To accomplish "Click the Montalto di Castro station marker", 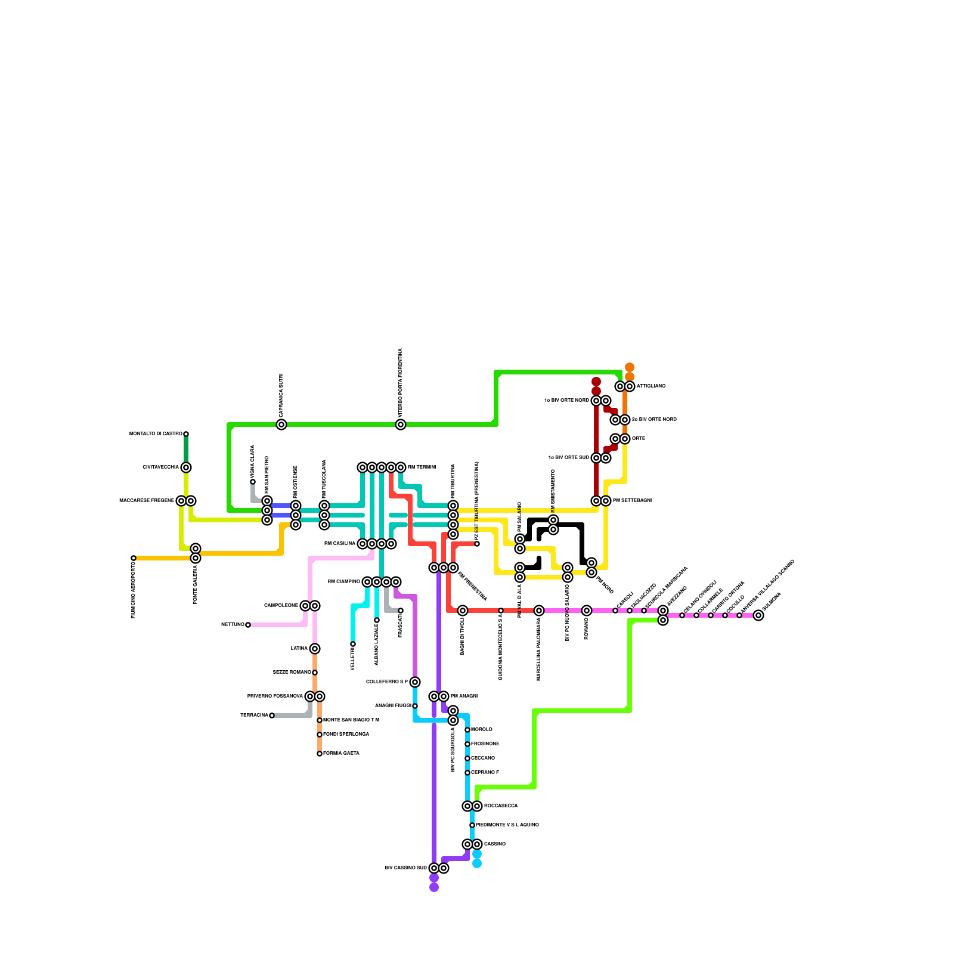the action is pos(186,434).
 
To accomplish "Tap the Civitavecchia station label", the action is pos(160,467).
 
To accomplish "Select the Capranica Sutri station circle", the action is pos(281,425).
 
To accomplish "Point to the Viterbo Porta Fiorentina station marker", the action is pos(401,425).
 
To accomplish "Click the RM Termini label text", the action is pos(422,467).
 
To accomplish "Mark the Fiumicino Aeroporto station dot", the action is pos(134,558).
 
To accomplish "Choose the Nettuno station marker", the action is pos(248,625).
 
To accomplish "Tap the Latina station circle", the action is pos(315,649).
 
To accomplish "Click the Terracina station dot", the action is pos(272,715).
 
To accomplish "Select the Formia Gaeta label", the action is pos(341,754).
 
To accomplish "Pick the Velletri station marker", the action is pos(353,644).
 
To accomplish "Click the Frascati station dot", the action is pos(401,611).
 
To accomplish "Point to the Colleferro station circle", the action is pos(415,682).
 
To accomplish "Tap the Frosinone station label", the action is pos(485,744).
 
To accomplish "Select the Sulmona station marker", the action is pos(758,615).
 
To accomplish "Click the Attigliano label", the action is pos(651,386).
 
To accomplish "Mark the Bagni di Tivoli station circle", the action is pos(463,611).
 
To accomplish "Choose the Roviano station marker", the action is pos(587,611).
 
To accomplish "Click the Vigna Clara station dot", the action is pos(253,482).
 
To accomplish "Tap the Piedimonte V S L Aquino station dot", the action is pos(472,825).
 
